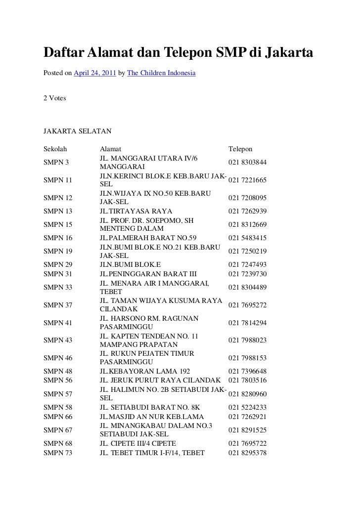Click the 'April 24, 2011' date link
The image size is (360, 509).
95,74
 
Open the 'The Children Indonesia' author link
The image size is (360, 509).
161,74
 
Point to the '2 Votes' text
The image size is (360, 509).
55,98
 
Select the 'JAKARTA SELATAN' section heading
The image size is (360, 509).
78,131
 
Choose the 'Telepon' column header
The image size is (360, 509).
240,149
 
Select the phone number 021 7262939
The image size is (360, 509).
247,211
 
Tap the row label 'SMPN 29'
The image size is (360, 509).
58,264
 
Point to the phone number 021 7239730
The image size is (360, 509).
247,274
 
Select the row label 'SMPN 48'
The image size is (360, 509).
58,371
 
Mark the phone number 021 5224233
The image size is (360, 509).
247,408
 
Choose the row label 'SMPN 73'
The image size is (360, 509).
58,453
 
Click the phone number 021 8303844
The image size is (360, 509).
247,162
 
